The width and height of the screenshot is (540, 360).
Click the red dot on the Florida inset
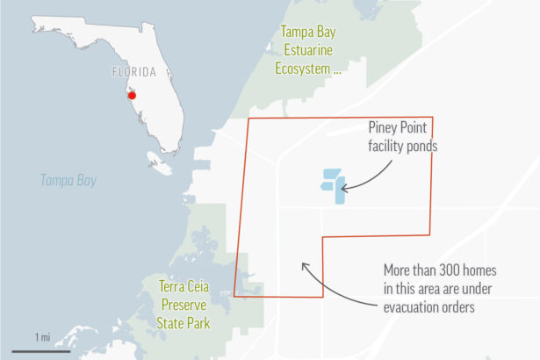click(131, 95)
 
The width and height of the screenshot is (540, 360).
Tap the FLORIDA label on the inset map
click(134, 72)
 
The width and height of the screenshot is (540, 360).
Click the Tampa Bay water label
click(68, 180)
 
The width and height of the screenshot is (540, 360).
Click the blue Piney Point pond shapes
click(334, 185)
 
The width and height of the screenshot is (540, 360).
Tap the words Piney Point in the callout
click(400, 129)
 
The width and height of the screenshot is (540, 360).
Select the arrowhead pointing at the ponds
click(344, 187)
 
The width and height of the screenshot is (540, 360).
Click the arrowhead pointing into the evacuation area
click(303, 264)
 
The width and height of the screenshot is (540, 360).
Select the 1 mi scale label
click(42, 337)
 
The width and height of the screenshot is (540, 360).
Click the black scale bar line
click(41, 351)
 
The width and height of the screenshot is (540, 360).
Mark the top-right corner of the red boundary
click(432, 118)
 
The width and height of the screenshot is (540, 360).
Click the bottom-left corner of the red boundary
click(234, 296)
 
